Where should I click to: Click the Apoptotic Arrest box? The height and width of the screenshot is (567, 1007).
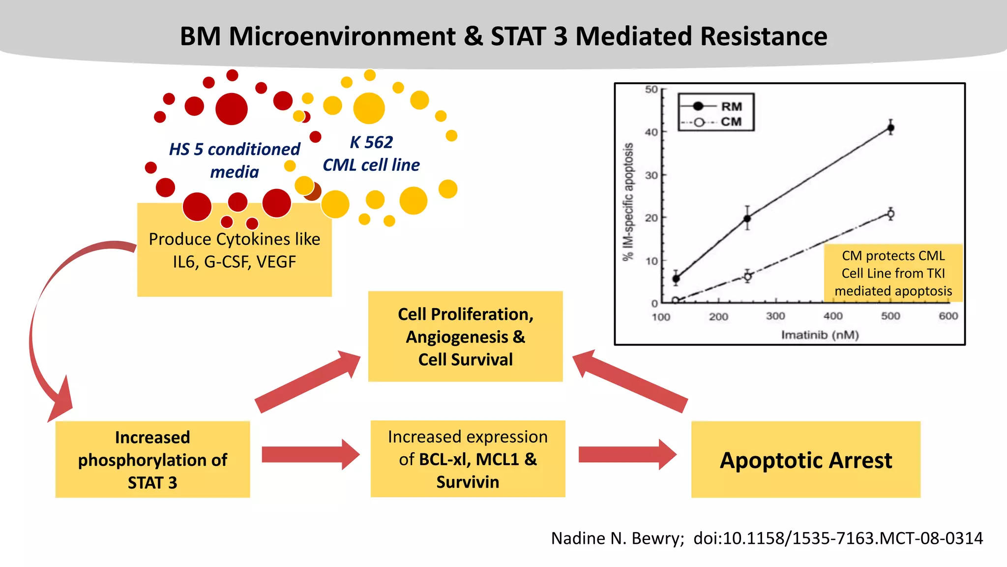pos(805,460)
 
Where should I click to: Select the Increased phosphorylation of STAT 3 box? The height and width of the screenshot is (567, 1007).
pos(152,460)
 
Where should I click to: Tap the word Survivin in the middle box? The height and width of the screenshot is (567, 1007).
pos(468,482)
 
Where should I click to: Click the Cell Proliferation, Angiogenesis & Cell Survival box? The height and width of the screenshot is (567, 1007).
pos(465,337)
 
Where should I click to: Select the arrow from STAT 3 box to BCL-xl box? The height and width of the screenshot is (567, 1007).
pos(310,455)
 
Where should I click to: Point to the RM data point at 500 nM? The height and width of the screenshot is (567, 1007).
pos(890,128)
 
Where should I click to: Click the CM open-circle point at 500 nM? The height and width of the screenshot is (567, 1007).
pos(890,214)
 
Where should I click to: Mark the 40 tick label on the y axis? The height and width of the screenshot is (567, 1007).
pos(651,132)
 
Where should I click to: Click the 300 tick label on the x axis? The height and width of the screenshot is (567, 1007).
pos(775,316)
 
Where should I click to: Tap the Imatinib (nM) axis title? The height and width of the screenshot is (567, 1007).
pos(820,335)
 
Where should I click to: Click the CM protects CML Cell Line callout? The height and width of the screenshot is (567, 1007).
pos(893,273)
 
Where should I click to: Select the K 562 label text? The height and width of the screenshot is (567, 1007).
pos(371,142)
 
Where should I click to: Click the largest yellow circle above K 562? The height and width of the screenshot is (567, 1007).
pos(369,108)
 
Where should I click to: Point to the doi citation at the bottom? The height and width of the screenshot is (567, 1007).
pos(838,538)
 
